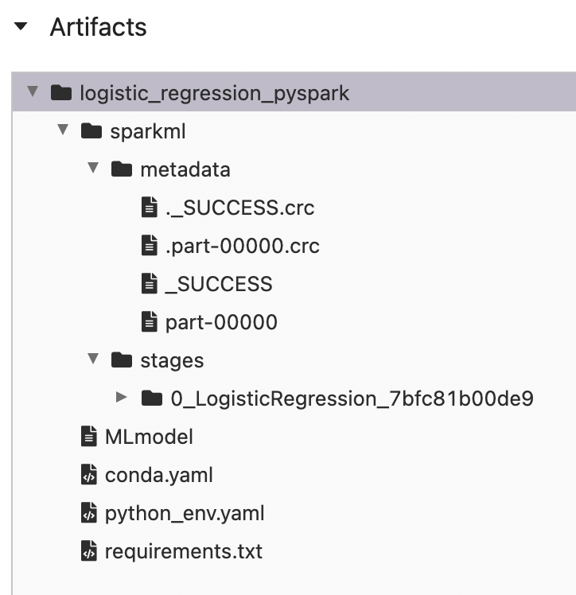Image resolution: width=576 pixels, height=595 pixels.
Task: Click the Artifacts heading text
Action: (98, 27)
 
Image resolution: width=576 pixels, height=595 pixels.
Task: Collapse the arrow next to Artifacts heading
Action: (21, 27)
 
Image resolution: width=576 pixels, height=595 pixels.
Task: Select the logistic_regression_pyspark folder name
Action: (214, 93)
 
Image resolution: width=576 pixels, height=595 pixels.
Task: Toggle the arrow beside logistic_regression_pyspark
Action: (32, 92)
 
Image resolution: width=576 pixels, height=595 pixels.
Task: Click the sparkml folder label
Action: (147, 131)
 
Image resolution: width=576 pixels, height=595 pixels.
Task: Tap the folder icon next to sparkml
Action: (91, 131)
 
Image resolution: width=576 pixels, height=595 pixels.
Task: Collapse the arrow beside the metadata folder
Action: (93, 169)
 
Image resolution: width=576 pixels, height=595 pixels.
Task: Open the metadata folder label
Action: (185, 169)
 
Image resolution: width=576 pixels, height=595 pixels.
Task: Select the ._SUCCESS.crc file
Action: (239, 208)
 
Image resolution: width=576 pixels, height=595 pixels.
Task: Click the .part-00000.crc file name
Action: (242, 246)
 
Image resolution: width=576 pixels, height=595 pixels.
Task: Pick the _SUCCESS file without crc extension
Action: (218, 284)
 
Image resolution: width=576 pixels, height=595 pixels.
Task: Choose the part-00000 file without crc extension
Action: (221, 322)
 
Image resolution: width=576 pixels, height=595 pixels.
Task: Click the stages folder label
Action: (172, 360)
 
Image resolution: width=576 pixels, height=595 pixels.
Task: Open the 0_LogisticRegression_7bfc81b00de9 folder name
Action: (352, 399)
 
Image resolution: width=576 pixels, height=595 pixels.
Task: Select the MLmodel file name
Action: (149, 437)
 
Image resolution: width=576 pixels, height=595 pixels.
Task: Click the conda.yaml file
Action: (158, 475)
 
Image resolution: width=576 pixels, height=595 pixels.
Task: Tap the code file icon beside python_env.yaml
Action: (89, 513)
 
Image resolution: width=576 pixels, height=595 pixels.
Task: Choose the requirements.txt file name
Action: (183, 551)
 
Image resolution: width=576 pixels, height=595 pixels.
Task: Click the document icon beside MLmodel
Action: (89, 437)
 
